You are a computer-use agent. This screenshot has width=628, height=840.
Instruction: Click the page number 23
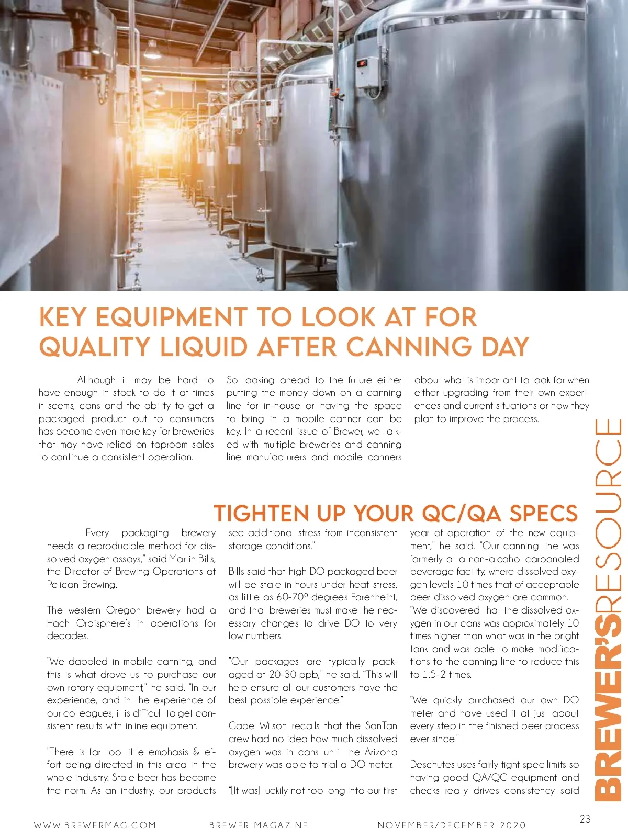[585, 819]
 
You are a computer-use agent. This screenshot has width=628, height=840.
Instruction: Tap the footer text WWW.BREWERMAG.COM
[95, 825]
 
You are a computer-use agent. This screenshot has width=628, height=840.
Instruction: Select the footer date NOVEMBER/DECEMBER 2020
[452, 825]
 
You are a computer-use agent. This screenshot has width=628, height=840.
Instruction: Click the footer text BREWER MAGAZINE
[259, 825]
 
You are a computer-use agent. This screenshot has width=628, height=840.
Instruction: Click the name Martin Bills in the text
[192, 559]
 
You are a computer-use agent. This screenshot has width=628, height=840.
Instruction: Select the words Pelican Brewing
[82, 584]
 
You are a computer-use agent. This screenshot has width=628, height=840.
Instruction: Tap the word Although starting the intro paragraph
[96, 380]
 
